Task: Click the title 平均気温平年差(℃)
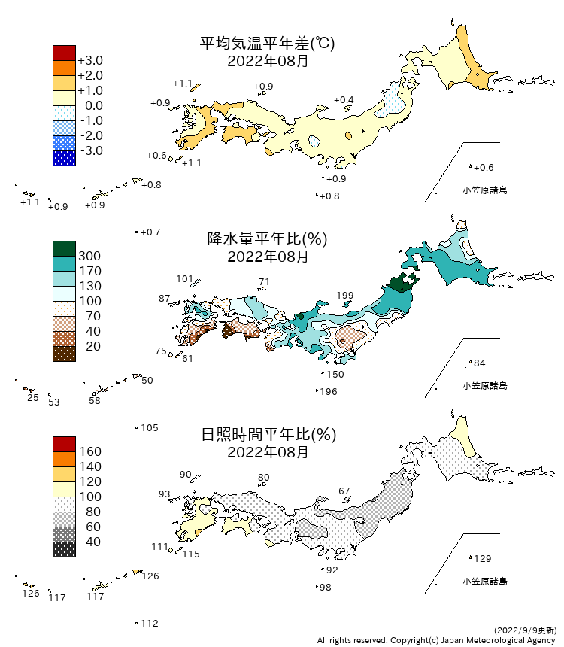click(267, 44)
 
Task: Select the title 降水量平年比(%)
click(267, 239)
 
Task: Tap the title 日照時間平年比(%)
click(267, 435)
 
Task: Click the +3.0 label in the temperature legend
click(90, 60)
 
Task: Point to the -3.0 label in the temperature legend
click(90, 150)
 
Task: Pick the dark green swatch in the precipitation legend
click(64, 248)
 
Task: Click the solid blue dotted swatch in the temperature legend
click(64, 158)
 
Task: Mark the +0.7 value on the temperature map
click(150, 232)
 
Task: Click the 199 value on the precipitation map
click(345, 295)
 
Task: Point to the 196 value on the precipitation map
click(328, 391)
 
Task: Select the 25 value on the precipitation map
click(32, 396)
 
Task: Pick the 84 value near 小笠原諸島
click(479, 363)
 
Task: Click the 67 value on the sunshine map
click(344, 491)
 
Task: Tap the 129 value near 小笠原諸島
click(481, 558)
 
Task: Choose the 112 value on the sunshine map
click(150, 623)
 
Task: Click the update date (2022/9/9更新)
click(526, 629)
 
